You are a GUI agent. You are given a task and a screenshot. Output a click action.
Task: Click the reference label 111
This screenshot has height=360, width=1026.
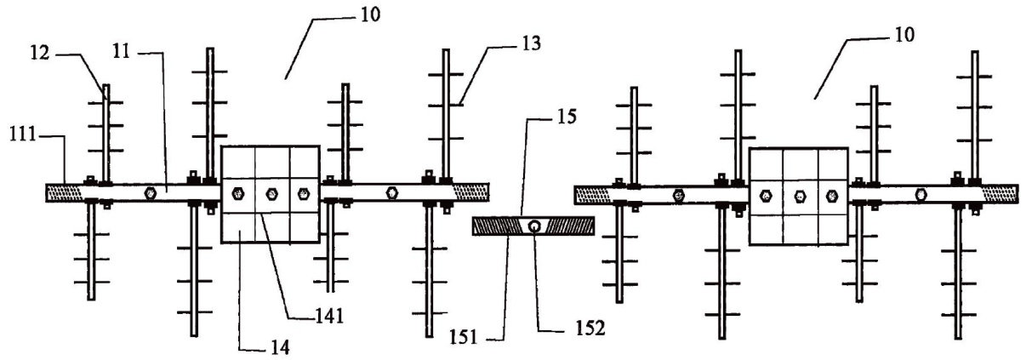click(x=23, y=135)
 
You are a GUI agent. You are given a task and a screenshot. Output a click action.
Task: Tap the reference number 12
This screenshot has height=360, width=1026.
click(x=40, y=53)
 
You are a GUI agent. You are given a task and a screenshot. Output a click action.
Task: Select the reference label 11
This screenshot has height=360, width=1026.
click(x=122, y=51)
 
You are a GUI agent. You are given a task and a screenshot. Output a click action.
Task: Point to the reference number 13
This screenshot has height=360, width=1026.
click(x=532, y=43)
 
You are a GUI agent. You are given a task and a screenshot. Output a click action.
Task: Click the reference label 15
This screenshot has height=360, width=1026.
click(x=567, y=117)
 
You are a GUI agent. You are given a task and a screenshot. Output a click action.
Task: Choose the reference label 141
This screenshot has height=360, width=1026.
click(x=329, y=316)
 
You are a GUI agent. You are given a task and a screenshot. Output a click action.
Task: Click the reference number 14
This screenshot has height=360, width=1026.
click(x=280, y=348)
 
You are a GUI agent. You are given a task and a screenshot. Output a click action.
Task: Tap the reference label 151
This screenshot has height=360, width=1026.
click(x=464, y=338)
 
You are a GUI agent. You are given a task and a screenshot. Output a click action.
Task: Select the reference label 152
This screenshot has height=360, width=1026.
click(x=590, y=328)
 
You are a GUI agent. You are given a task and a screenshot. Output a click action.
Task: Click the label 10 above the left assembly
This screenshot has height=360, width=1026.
click(x=370, y=14)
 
